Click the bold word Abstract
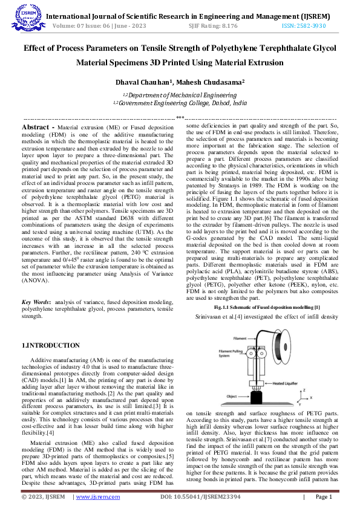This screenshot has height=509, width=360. click(38, 128)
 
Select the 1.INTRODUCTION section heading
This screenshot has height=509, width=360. click(51, 345)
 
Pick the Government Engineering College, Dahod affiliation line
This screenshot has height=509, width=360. click(180, 103)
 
